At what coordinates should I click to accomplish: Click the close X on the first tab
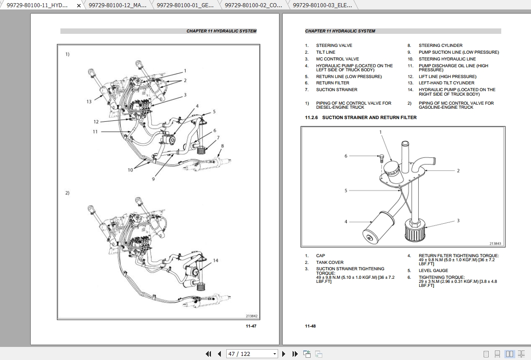(79, 5)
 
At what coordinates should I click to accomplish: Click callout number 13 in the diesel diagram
(89, 102)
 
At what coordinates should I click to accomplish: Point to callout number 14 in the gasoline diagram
(215, 260)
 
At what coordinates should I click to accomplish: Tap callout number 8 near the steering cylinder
(222, 146)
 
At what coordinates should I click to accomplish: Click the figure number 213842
(252, 316)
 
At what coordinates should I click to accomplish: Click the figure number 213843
(494, 244)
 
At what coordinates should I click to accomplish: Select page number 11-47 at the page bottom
(251, 326)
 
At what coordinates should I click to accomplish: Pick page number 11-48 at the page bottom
(310, 326)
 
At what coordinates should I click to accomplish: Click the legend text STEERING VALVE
(334, 46)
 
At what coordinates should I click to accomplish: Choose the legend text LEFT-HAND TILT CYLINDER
(446, 83)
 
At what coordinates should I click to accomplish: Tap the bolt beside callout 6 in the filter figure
(380, 157)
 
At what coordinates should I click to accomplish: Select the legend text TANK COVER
(330, 263)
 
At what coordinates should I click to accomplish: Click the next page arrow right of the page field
(284, 354)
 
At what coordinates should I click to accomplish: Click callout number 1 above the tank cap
(380, 132)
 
